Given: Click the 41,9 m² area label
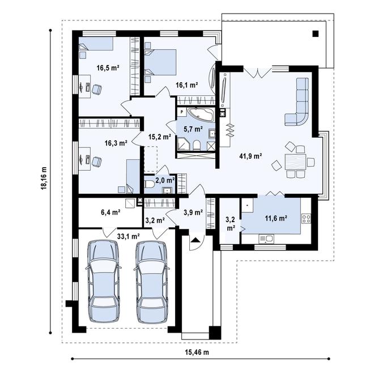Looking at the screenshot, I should point(250,156).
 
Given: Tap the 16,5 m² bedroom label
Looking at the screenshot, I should point(107,68).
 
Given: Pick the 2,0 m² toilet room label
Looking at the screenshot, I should point(165,180).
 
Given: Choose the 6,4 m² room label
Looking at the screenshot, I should point(110,212).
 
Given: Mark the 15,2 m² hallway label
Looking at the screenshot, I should point(159,137).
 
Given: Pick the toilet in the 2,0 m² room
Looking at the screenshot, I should point(149,184).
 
